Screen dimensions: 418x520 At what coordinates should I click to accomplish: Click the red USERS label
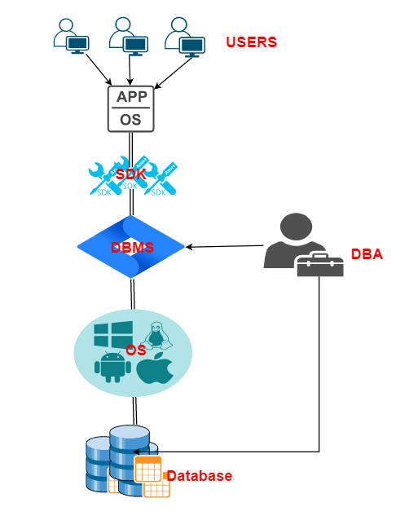pyautogui.click(x=251, y=42)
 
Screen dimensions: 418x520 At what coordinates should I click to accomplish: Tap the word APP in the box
pyautogui.click(x=132, y=96)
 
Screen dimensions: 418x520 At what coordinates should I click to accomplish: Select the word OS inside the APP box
pyautogui.click(x=130, y=120)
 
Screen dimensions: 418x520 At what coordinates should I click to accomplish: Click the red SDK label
pyautogui.click(x=130, y=174)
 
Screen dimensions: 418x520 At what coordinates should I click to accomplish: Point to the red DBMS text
pyautogui.click(x=132, y=248)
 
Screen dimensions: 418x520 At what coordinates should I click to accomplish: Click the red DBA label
pyautogui.click(x=367, y=254)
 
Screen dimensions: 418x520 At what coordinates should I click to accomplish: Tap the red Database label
pyautogui.click(x=199, y=476)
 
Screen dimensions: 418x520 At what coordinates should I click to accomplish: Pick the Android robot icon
pyautogui.click(x=112, y=367)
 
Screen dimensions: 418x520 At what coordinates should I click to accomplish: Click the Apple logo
pyautogui.click(x=155, y=368)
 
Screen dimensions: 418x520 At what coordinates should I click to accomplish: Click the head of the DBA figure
pyautogui.click(x=296, y=227)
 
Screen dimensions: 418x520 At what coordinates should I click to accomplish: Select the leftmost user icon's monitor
pyautogui.click(x=77, y=44)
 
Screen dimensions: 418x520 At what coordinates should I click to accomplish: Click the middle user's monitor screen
pyautogui.click(x=135, y=44)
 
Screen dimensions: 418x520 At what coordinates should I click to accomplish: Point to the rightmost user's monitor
pyautogui.click(x=192, y=46)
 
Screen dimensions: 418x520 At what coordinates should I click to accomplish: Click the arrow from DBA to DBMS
pyautogui.click(x=225, y=246)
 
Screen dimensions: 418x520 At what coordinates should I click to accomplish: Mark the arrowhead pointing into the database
pyautogui.click(x=136, y=452)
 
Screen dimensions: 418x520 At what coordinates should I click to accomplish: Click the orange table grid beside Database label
pyautogui.click(x=148, y=469)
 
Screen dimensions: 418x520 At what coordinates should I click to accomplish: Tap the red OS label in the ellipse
pyautogui.click(x=136, y=350)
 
